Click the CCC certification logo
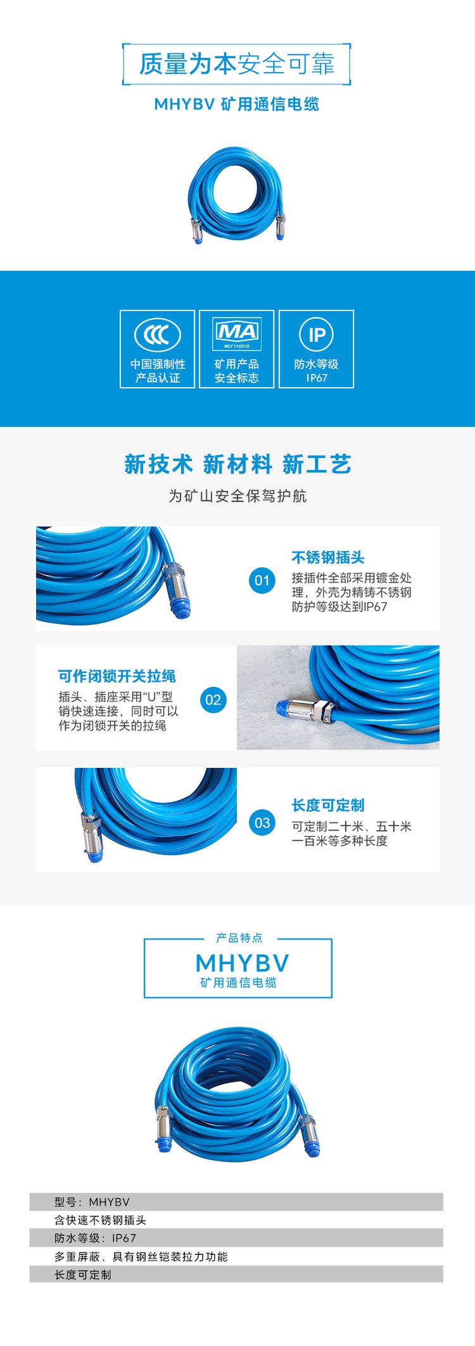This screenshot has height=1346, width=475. (x=158, y=335)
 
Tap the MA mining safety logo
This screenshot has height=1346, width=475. (x=237, y=333)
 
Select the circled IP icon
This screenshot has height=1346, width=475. (x=317, y=335)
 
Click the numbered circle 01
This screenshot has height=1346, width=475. (x=262, y=580)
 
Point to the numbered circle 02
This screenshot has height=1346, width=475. (x=213, y=700)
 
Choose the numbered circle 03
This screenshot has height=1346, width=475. (x=262, y=822)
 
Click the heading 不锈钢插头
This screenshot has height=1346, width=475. (x=328, y=557)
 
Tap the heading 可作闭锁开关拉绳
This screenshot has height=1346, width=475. (x=117, y=676)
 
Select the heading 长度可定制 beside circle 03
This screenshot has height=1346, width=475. (x=328, y=805)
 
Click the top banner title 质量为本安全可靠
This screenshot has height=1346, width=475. (x=236, y=64)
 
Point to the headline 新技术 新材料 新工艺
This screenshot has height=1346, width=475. (x=237, y=464)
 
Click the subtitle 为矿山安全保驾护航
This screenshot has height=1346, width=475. (x=237, y=496)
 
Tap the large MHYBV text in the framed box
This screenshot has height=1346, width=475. (x=243, y=963)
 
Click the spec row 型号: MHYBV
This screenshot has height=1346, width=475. (x=92, y=1202)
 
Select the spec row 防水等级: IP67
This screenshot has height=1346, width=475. (x=95, y=1238)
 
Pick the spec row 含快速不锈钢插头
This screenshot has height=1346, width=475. (x=100, y=1220)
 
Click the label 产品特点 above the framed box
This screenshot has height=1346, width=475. (x=239, y=937)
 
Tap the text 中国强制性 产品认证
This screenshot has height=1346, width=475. (x=158, y=371)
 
